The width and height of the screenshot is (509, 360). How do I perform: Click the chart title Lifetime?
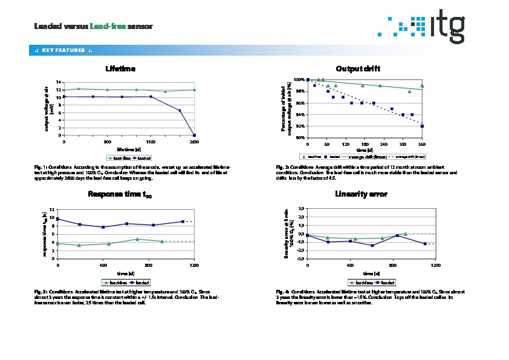click(x=120, y=68)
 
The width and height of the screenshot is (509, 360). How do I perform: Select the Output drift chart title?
click(x=358, y=68)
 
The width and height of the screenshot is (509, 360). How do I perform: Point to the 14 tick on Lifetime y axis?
click(x=59, y=82)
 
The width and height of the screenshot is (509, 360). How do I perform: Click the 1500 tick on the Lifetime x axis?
click(x=151, y=142)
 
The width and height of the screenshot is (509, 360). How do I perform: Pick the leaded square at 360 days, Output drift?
click(x=422, y=126)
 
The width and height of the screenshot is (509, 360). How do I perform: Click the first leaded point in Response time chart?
click(x=58, y=219)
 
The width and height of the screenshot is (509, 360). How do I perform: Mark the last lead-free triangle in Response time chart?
click(x=162, y=241)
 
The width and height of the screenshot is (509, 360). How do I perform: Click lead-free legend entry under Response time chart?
click(x=114, y=282)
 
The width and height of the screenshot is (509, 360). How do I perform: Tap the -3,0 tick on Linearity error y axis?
click(x=300, y=258)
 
